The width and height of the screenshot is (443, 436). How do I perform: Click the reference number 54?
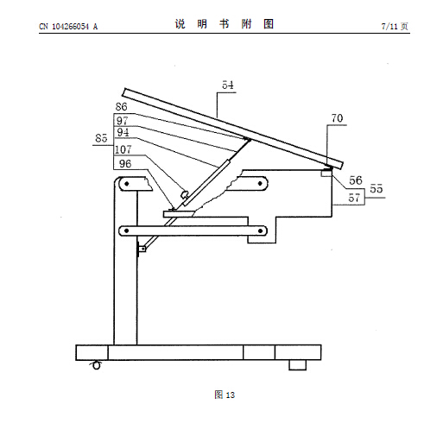pos(228,85)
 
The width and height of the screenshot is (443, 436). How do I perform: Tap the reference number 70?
pos(337,118)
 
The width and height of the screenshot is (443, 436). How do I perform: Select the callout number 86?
pos(121,107)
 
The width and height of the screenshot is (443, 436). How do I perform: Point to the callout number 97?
pos(123,120)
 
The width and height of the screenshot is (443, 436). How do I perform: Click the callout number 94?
pos(123,132)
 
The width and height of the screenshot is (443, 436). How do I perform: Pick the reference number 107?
pos(123,149)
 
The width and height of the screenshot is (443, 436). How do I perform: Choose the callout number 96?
pos(125,164)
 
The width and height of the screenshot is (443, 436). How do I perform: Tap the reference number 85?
pos(101,138)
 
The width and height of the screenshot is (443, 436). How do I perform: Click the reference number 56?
pos(356,180)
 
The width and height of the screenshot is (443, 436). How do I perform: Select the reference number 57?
pos(354,198)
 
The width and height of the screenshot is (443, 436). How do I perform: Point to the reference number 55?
pos(377,189)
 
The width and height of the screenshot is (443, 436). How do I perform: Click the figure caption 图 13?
pos(225,395)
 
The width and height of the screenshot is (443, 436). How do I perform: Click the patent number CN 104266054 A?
pos(68,27)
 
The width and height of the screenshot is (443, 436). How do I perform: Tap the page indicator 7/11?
pos(389,27)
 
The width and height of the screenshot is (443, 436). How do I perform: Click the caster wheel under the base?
pos(97,365)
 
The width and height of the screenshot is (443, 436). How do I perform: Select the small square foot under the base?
pos(298,365)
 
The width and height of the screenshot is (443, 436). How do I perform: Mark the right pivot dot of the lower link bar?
pos(260,231)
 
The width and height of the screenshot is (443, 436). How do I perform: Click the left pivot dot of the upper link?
pos(126,184)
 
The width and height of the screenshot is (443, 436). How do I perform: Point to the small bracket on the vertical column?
pos(142,249)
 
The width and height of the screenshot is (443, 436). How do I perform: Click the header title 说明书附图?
pos(225,24)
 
